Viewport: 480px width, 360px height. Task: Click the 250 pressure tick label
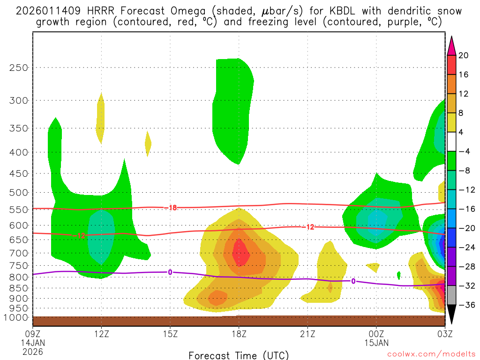click(19, 67)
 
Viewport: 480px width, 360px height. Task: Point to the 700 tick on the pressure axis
click(19, 253)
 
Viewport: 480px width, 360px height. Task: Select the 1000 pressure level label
click(17, 318)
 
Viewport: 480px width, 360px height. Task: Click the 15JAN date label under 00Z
click(376, 342)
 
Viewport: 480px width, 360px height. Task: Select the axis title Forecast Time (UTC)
click(239, 355)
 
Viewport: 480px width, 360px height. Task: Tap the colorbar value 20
click(464, 55)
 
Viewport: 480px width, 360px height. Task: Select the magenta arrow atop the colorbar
click(451, 45)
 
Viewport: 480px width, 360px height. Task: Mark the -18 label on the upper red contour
click(172, 208)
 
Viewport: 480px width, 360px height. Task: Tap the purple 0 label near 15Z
click(170, 272)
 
